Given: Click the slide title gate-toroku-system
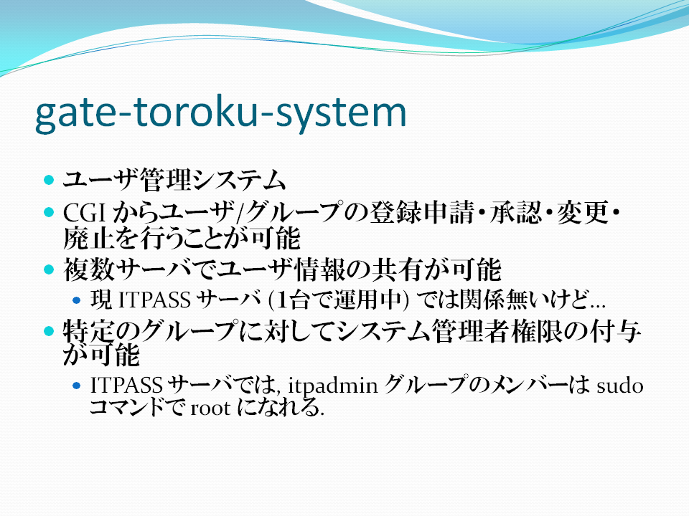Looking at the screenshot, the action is (221, 114).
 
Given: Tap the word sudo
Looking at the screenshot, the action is (620, 386).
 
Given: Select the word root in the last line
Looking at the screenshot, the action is (210, 408).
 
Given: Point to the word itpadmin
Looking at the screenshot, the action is (332, 386).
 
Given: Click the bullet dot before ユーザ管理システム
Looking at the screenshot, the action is (49, 180).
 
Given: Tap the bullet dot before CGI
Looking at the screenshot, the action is (49, 213).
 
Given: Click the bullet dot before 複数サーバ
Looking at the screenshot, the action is (49, 269).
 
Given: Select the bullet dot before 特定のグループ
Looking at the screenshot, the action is (49, 331).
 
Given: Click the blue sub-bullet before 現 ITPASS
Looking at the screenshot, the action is (77, 300).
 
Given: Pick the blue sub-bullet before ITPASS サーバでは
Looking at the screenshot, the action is (77, 386).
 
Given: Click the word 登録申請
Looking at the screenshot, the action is (422, 212).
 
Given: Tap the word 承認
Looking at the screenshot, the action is (516, 212).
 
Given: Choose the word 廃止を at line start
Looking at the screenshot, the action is (101, 238).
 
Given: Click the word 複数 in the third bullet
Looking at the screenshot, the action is (89, 269).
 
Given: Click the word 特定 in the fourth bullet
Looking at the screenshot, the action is (89, 331).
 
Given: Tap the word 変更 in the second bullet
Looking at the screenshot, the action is (583, 212).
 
